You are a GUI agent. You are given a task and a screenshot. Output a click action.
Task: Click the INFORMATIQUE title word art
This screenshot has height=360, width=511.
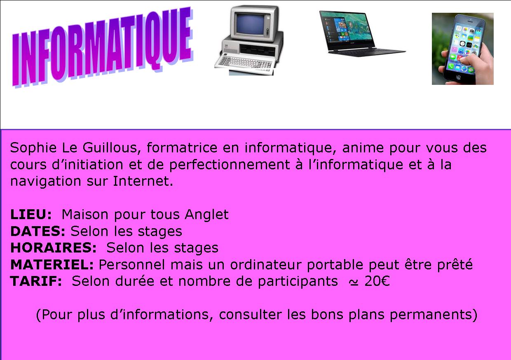pyautogui.click(x=103, y=47)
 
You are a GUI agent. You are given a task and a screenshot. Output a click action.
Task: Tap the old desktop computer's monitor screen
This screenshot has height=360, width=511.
pyautogui.click(x=250, y=24)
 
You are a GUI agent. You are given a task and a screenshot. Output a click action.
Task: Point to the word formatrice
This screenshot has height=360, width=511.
pyautogui.click(x=182, y=148)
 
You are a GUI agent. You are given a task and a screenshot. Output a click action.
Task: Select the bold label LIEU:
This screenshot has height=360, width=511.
pyautogui.click(x=31, y=214)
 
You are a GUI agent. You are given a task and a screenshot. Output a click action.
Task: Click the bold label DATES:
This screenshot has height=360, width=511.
pyautogui.click(x=38, y=231)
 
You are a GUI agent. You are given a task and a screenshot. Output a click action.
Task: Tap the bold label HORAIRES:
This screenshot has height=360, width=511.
pyautogui.click(x=54, y=248)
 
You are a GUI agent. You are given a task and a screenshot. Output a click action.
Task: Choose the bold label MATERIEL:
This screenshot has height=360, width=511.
pyautogui.click(x=52, y=264)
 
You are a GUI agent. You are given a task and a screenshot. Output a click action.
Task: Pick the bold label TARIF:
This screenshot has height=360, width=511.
pyautogui.click(x=36, y=281)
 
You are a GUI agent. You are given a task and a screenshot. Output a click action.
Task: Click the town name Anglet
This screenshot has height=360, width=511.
pyautogui.click(x=207, y=215)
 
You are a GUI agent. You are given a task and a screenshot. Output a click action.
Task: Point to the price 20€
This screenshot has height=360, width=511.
pyautogui.click(x=377, y=281)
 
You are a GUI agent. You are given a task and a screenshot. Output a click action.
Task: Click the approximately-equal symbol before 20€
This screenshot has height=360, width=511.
pyautogui.click(x=353, y=283)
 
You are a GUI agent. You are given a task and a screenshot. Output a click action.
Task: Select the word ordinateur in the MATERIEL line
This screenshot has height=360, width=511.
pyautogui.click(x=266, y=265)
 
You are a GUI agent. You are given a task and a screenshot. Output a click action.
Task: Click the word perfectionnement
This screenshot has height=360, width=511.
pyautogui.click(x=230, y=165)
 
